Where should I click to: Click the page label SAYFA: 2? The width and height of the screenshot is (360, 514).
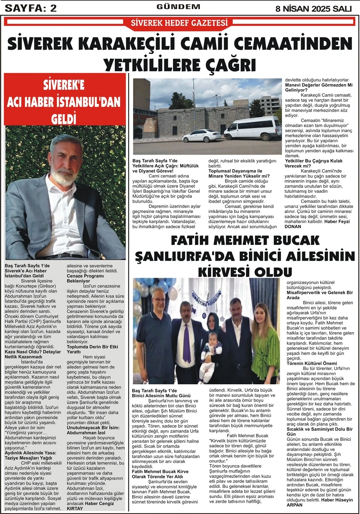point(30,8)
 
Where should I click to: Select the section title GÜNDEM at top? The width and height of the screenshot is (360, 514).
point(178,7)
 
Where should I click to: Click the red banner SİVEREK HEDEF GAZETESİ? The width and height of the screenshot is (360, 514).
point(179,22)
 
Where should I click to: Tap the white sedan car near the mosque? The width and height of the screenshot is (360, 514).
point(201,136)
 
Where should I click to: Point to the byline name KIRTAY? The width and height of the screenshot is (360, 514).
point(75,508)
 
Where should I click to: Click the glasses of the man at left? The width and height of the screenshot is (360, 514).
point(147,300)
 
